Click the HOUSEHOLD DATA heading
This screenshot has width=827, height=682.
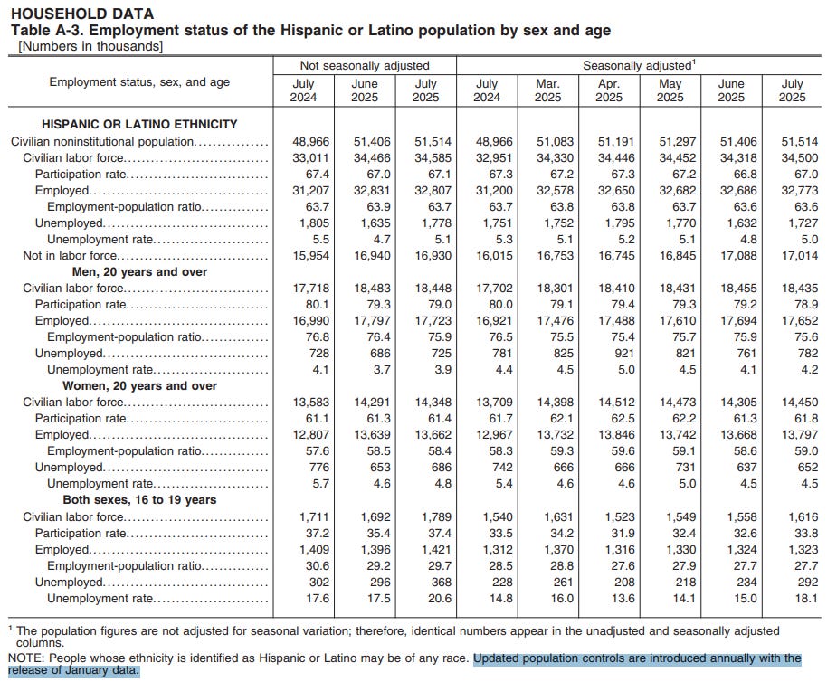81,14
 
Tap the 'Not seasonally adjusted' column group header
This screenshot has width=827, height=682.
365,65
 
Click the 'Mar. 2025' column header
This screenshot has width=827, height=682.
548,90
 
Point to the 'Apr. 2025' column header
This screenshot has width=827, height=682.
609,90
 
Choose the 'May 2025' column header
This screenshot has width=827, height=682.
670,90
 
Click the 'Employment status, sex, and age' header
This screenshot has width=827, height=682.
139,82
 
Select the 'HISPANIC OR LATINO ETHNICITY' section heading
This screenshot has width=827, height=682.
139,124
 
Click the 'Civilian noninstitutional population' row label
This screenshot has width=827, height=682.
102,141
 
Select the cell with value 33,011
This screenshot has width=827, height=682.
304,157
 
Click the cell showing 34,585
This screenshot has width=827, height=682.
425,157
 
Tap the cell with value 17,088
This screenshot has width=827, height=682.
731,255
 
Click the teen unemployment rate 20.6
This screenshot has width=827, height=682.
425,598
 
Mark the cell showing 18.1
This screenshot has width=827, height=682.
792,598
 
